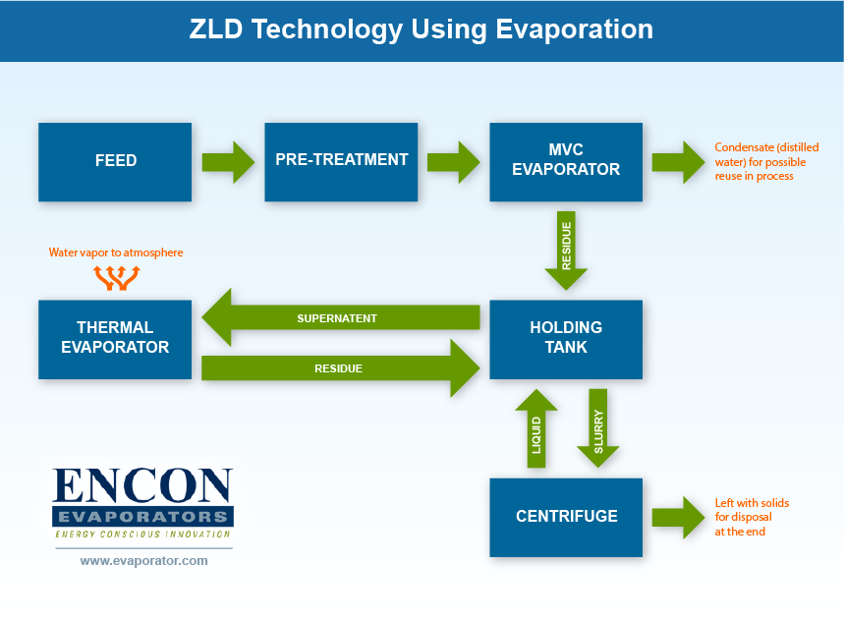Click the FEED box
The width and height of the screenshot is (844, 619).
pos(115,162)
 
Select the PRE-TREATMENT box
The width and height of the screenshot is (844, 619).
pos(341,162)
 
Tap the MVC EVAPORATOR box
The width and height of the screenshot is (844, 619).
pos(566,162)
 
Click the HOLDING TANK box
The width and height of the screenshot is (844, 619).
pos(566,339)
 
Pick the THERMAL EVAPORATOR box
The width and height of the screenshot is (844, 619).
pos(115,339)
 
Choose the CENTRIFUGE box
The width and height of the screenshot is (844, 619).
pos(566,517)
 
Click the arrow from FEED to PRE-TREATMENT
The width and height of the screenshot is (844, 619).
pos(228,162)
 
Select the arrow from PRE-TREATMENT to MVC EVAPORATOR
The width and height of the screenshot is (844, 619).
pos(454,162)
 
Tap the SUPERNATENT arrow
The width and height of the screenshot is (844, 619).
pos(339,318)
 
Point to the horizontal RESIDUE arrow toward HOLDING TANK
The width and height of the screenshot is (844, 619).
pos(339,368)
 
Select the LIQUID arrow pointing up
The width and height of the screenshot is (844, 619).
pos(536,427)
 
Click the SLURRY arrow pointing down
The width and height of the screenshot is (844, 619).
pos(597,427)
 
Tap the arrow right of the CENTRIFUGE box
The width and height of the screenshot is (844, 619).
pos(679,517)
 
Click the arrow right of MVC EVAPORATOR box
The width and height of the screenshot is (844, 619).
pos(679,162)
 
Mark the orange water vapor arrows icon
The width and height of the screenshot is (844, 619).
pos(116,279)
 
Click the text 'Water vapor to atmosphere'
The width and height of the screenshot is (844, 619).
pos(116,253)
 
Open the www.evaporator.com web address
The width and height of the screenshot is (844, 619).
pos(143,560)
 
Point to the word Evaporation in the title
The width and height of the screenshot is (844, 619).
pos(575,29)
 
